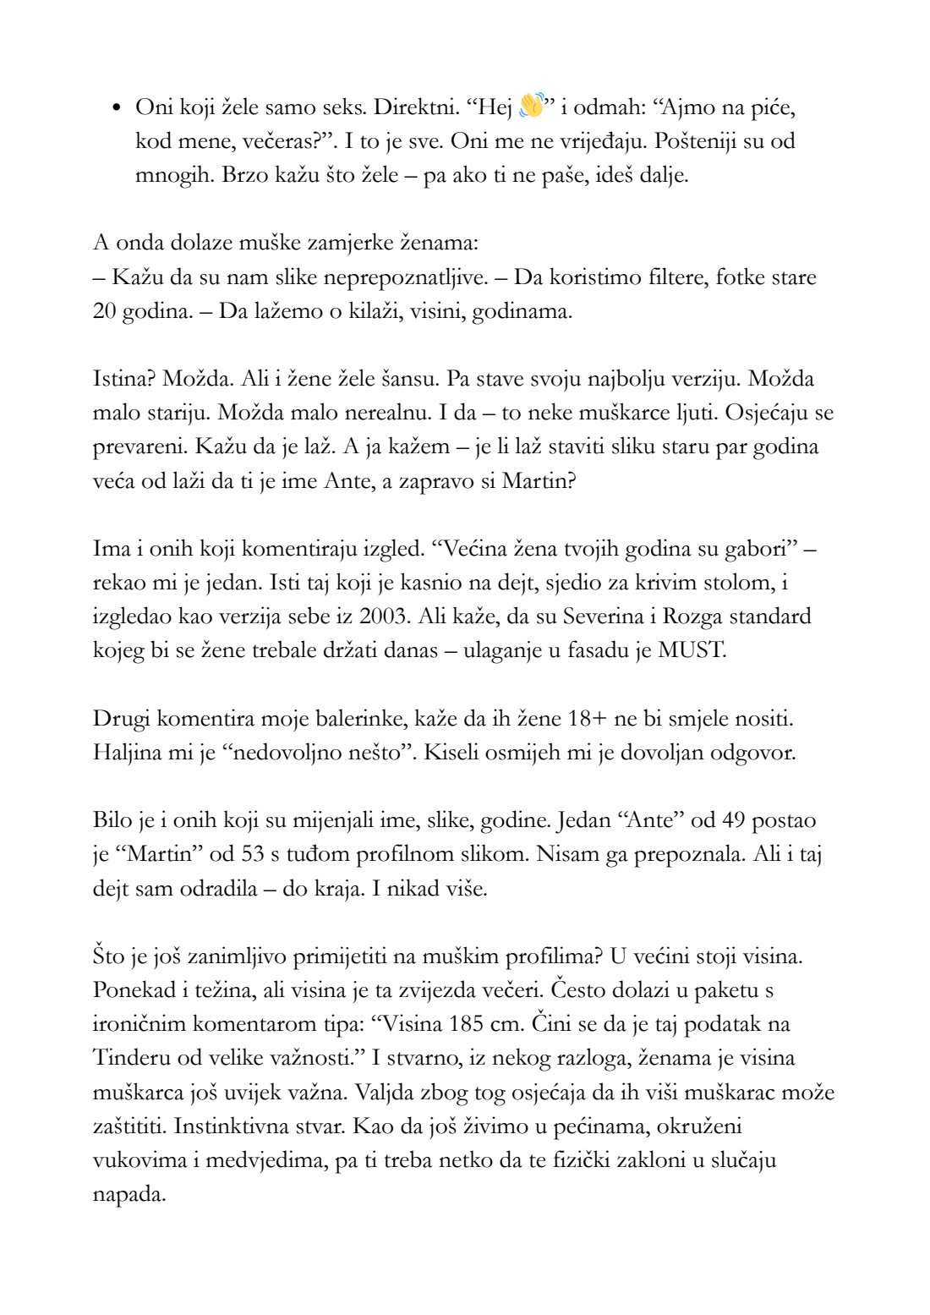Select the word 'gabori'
coord(758,549)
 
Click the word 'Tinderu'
coord(131,1058)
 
